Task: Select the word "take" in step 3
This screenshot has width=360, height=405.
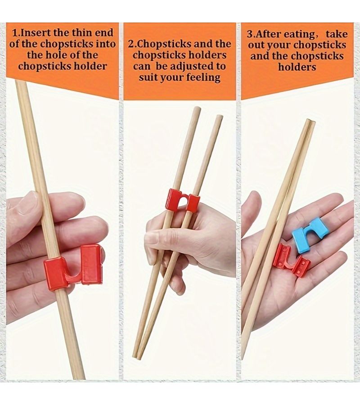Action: pyautogui.click(x=337, y=34)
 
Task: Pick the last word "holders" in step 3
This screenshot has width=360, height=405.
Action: pyautogui.click(x=297, y=67)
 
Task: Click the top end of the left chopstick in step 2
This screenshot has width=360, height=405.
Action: pyautogui.click(x=198, y=108)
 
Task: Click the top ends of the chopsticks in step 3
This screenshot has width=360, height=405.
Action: pyautogui.click(x=311, y=121)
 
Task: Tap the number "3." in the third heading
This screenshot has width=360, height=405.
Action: pyautogui.click(x=250, y=35)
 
